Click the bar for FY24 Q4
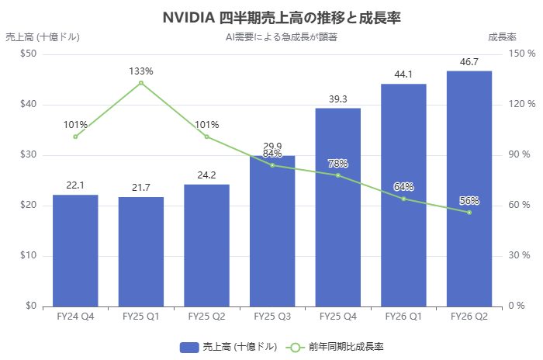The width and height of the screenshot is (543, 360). [75, 250]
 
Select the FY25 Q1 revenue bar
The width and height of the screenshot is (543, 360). [141, 251]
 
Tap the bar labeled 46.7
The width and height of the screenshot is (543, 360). [469, 188]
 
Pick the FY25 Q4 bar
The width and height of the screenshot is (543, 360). [338, 206]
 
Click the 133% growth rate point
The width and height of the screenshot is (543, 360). [141, 82]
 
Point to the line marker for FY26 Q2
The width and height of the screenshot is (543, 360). [469, 212]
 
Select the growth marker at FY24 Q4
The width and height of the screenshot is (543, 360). [75, 137]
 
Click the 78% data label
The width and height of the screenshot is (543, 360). [338, 164]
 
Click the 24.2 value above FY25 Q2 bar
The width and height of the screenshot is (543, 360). [206, 175]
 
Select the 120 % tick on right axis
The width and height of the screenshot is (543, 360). [516, 104]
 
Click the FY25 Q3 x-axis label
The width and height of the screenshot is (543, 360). [272, 317]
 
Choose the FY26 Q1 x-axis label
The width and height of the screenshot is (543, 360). [403, 317]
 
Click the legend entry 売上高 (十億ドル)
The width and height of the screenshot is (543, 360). [229, 347]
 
